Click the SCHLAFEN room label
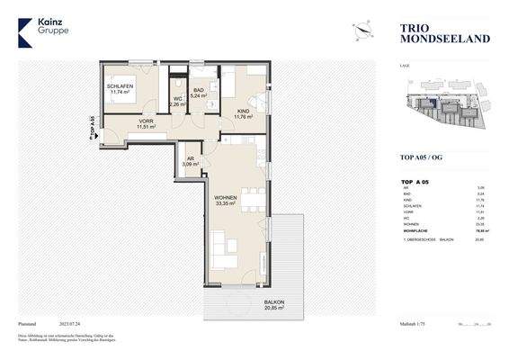coord(120,85)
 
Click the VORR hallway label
coord(146,121)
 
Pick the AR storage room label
coord(191,158)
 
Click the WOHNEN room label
coord(224,197)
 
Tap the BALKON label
coord(274,301)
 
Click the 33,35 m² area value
coord(224,204)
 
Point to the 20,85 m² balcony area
coord(274,309)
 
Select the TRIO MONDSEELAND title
coord(432,33)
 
